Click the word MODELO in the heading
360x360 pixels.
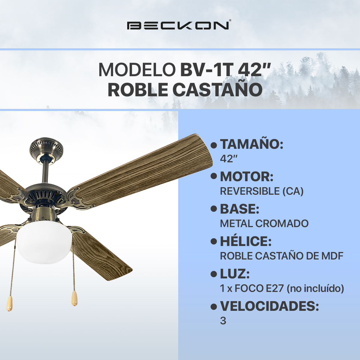[x=137, y=70]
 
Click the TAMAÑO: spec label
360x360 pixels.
[x=251, y=144]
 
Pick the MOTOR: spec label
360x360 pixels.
[x=247, y=177]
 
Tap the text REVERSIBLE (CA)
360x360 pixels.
[x=262, y=191]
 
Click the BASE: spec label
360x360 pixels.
[x=239, y=209]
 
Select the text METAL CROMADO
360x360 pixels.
[x=264, y=223]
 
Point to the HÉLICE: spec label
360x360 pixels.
[x=245, y=241]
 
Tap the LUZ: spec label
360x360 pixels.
[x=235, y=274]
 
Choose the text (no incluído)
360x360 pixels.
[x=315, y=288]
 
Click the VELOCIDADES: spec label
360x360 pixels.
[x=269, y=306]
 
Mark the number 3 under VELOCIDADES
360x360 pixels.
[x=223, y=321]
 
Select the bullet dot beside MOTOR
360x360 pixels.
[x=214, y=177]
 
